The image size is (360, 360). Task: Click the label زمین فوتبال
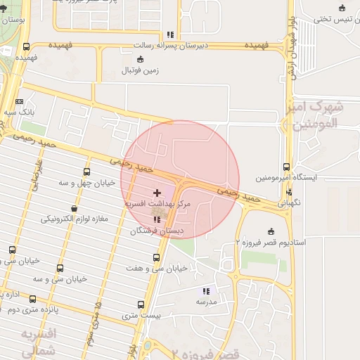(141, 71)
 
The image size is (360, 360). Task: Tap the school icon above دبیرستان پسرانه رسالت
(170, 34)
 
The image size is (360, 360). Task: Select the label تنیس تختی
(331, 19)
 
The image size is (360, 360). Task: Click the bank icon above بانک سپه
(18, 101)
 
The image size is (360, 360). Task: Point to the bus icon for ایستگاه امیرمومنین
(286, 167)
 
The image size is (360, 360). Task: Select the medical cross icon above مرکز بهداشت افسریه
(156, 192)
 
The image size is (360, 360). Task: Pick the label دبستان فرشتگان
(157, 230)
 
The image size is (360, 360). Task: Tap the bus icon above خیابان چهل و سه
(87, 172)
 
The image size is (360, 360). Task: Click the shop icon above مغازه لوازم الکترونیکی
(75, 208)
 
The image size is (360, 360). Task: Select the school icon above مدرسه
(206, 290)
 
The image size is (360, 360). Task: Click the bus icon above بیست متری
(141, 305)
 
